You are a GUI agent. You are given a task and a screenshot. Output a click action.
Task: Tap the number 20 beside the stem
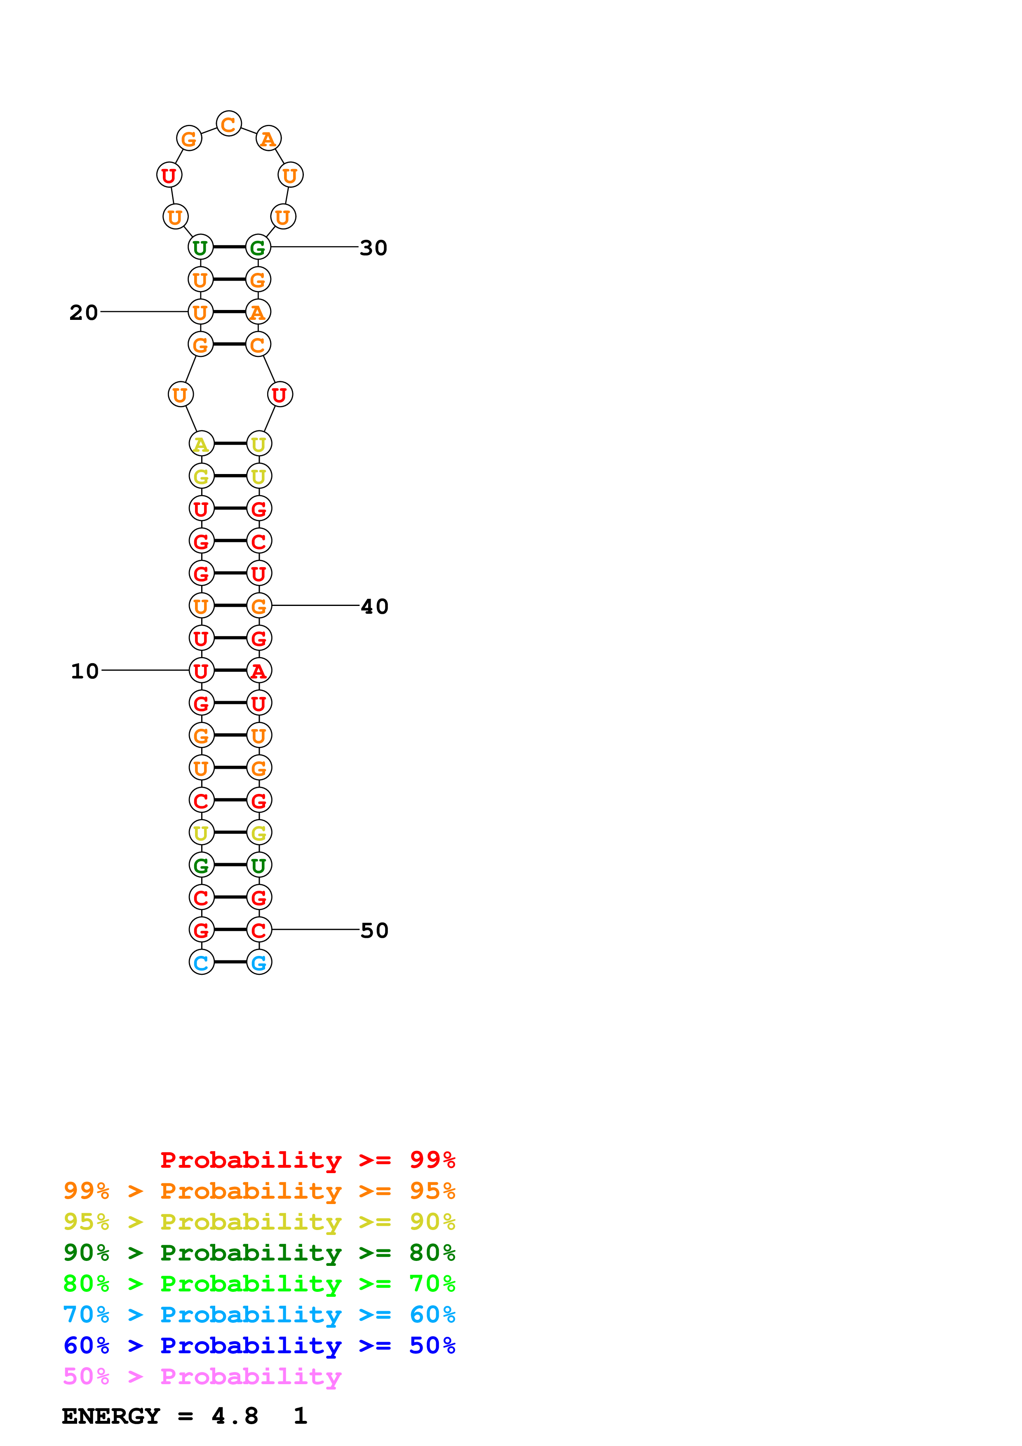point(84,312)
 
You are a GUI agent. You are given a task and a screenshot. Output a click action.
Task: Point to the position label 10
point(85,671)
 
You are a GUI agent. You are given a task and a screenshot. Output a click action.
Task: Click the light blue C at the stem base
point(202,962)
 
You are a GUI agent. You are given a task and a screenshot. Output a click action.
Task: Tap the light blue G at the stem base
point(259,962)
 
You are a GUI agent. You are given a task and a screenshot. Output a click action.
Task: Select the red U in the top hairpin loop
point(169,175)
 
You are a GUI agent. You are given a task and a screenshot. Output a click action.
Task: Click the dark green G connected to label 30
point(258,247)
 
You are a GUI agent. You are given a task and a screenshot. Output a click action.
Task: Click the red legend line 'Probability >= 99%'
point(307,1160)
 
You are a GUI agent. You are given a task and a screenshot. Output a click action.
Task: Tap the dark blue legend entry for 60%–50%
point(259,1345)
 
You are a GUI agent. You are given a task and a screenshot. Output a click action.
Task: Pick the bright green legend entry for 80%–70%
point(259,1284)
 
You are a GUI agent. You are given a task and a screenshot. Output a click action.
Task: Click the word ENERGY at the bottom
point(111,1416)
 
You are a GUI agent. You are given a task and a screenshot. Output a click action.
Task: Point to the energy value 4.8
point(235,1416)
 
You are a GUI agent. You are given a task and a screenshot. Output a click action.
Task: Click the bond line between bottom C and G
point(230,962)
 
